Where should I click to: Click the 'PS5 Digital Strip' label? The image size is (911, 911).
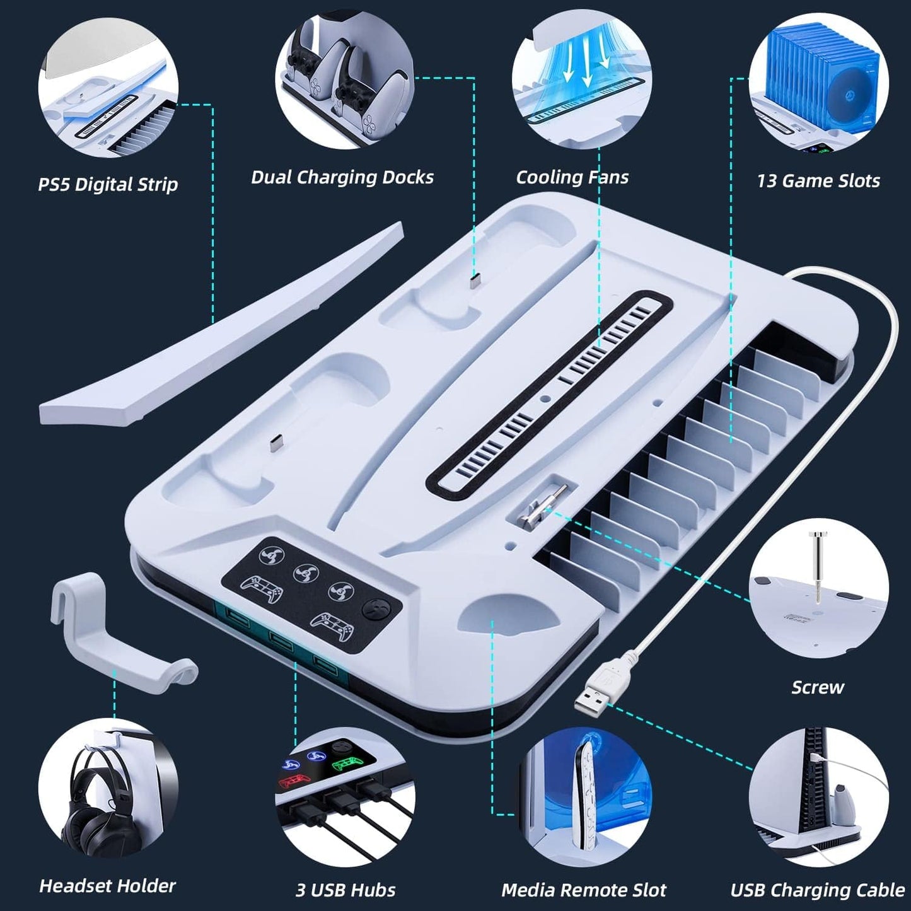108,184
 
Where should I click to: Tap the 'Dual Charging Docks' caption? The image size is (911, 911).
342,177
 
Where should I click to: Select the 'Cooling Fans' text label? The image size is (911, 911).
572,177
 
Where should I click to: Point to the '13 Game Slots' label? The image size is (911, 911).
818,180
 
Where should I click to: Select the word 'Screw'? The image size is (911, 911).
818,687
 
